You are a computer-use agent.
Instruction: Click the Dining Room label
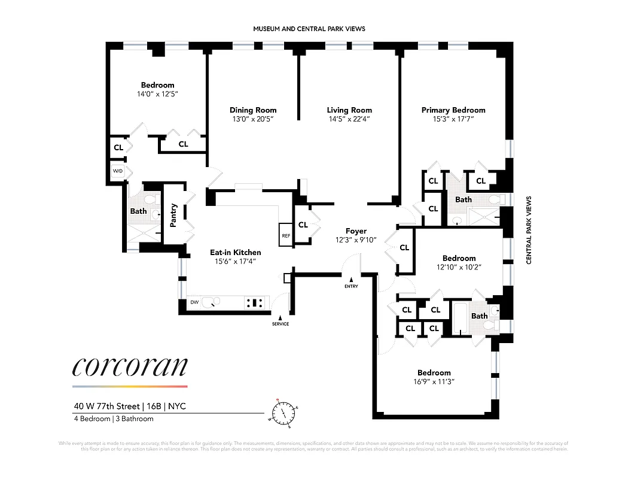point(253,110)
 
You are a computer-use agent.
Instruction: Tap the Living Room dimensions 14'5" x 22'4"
point(349,119)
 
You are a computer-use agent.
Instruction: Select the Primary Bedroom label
point(453,110)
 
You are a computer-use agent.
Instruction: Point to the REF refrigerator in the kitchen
point(285,232)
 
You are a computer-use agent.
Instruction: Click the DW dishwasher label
point(194,302)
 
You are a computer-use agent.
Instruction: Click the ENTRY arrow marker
point(352,280)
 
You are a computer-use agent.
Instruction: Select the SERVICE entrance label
point(280,324)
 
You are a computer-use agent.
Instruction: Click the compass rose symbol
point(283,413)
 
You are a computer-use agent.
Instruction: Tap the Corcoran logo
point(130,366)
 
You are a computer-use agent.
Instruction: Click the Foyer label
point(356,231)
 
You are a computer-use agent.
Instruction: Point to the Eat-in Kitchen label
point(235,252)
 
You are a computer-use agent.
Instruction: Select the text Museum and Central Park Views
point(309,29)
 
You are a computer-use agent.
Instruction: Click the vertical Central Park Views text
point(529,231)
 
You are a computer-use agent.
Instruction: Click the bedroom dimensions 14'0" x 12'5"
point(157,94)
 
